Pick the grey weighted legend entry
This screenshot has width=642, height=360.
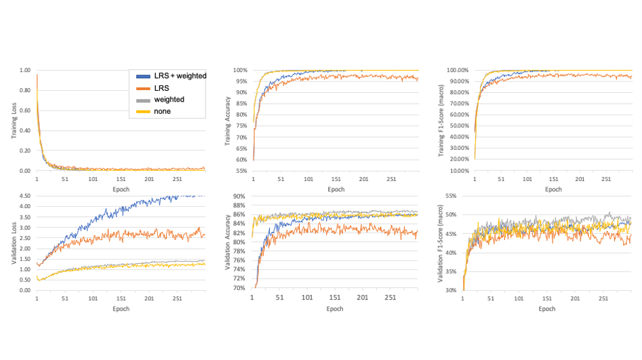(168, 100)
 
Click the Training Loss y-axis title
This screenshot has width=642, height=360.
(14, 121)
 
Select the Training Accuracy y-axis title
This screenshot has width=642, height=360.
(228, 121)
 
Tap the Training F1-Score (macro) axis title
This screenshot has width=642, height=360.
(441, 121)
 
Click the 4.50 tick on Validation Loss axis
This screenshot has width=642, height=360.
(24, 197)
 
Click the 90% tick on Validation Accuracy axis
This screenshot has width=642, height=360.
(239, 197)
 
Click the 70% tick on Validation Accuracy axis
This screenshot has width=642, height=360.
(239, 288)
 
